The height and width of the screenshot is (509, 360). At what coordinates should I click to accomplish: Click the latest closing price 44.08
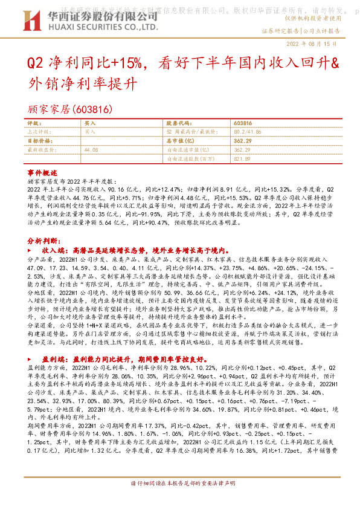[x=91, y=149]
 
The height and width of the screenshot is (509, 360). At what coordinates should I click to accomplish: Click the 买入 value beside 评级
[x=90, y=123]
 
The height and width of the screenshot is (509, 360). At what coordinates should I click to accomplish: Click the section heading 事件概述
[x=41, y=172]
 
